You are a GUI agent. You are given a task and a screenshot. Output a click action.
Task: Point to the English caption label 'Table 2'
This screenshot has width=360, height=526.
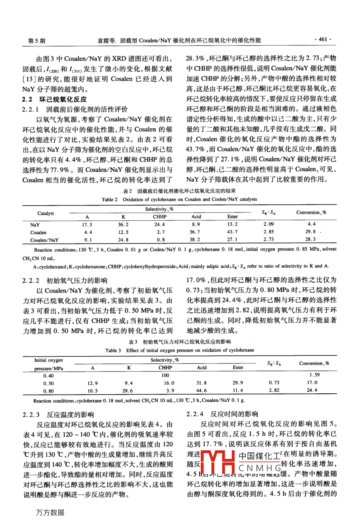point(110,199)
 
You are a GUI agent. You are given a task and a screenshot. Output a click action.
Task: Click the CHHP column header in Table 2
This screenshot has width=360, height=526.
point(160,217)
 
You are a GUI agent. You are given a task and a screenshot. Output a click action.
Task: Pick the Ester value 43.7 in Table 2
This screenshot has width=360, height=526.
point(232,232)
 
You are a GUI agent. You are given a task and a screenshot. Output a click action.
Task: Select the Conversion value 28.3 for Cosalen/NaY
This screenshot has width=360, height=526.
point(311,239)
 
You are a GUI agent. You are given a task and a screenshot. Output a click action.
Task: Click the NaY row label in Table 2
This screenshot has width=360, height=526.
point(35,225)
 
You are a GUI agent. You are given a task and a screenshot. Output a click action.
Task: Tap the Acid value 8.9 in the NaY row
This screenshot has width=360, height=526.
point(196,225)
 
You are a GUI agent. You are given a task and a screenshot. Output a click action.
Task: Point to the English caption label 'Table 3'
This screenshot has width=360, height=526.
point(113,350)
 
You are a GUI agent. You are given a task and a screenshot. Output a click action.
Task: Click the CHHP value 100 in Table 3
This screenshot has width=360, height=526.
point(165,375)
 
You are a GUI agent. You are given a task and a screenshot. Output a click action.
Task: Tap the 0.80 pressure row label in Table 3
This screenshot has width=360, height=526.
point(49,391)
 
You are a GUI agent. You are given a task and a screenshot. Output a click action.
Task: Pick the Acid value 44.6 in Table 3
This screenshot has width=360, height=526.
point(202,391)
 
